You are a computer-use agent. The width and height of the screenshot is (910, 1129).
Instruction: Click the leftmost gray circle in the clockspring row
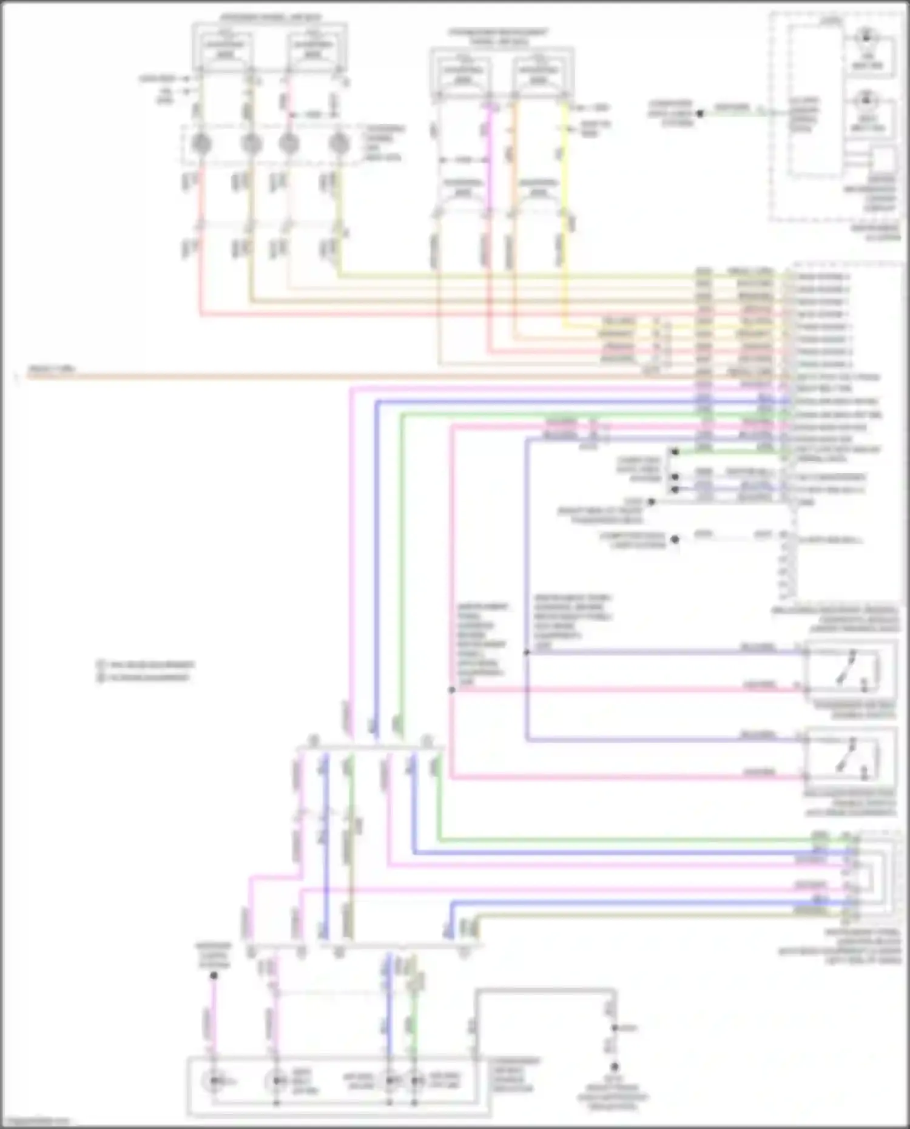(201, 144)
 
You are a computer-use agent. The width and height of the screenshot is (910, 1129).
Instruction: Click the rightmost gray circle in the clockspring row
(339, 144)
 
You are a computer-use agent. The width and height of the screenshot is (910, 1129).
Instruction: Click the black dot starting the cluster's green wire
(699, 113)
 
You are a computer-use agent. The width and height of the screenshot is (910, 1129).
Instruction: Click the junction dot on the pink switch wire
(452, 690)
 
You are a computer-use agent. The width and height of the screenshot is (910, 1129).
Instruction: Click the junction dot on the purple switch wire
(527, 653)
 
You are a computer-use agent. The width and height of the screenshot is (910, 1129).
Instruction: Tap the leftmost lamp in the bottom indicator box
(214, 1080)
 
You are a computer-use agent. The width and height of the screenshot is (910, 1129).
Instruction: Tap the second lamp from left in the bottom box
(276, 1080)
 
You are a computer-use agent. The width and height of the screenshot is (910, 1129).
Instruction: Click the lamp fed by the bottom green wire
(416, 1080)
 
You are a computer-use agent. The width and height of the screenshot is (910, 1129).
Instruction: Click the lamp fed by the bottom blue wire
(389, 1080)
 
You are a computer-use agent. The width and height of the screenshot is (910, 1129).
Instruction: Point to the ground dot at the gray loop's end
(614, 1067)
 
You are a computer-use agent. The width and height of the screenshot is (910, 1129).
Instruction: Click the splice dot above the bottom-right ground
(614, 1028)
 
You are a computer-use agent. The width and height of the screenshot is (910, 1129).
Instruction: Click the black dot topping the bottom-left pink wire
(214, 975)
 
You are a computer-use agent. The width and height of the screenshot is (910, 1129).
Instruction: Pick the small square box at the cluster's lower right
(883, 160)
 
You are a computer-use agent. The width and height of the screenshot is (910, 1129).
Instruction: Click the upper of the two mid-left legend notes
(146, 664)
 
